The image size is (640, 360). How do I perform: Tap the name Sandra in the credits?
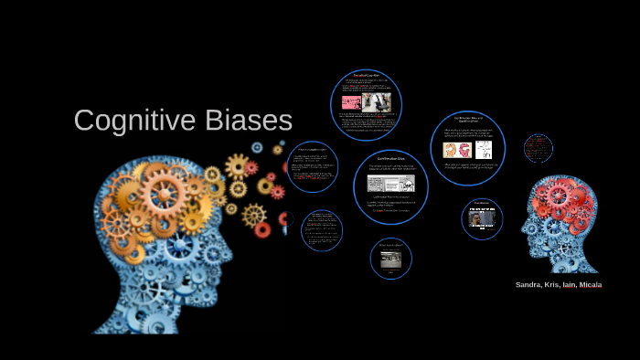tap(528, 285)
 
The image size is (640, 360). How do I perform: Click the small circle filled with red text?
tap(539, 148)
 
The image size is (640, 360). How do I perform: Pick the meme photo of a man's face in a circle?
tap(482, 217)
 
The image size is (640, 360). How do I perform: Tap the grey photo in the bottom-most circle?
tap(391, 259)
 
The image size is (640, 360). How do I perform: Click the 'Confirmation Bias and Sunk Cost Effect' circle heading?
tap(468, 120)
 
